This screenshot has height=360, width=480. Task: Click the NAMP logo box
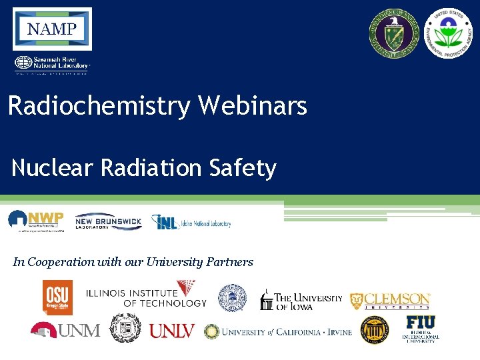tap(52, 29)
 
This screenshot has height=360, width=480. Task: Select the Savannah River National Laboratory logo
tap(51, 64)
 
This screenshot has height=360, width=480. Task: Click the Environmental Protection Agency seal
tap(448, 34)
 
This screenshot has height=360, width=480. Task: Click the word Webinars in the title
tap(253, 106)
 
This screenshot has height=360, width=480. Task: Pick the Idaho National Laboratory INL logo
tap(191, 222)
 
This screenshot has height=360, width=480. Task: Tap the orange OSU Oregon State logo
tap(58, 297)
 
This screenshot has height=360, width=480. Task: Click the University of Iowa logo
tap(301, 300)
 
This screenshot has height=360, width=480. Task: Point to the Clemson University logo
tap(391, 301)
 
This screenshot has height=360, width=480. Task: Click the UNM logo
tap(65, 329)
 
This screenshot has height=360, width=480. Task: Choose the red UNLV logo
tap(172, 331)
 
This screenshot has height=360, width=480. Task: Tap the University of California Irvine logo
tap(278, 331)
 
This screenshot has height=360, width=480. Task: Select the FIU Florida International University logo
tap(421, 329)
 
